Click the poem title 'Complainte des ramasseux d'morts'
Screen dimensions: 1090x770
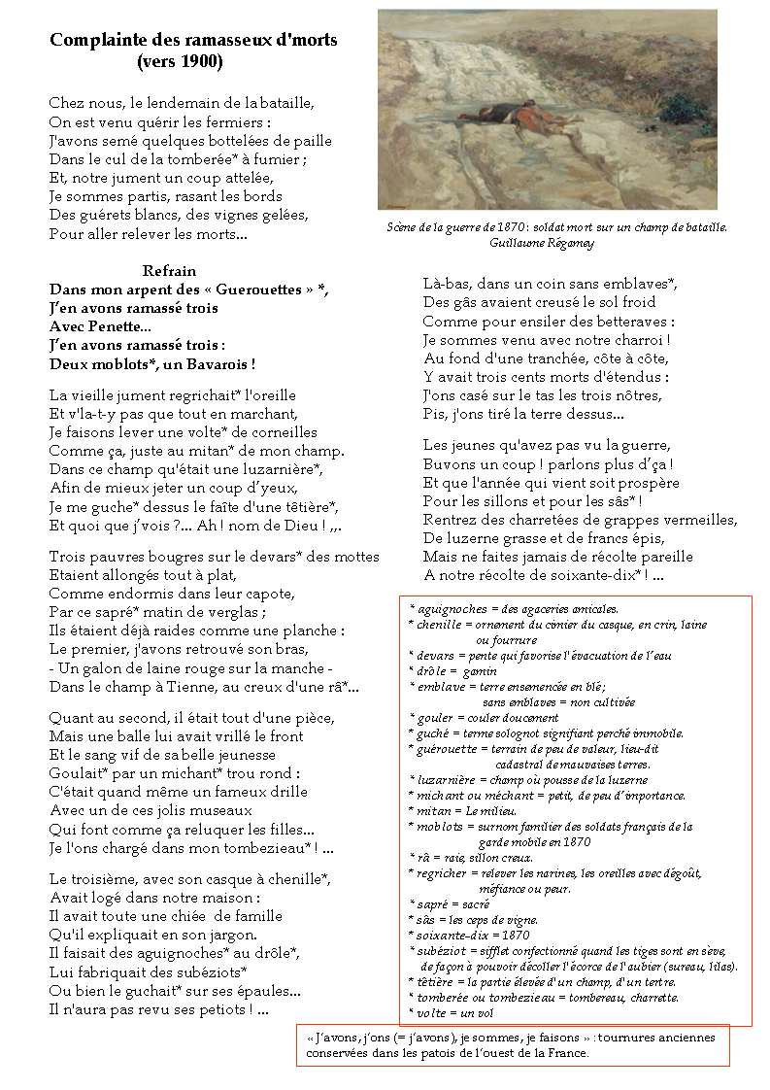[x=193, y=40]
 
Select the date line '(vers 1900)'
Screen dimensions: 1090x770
[x=180, y=61]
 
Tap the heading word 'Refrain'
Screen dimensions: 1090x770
[x=169, y=271]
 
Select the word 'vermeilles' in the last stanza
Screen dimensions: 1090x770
[x=701, y=520]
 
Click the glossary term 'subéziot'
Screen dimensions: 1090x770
[x=446, y=951]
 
